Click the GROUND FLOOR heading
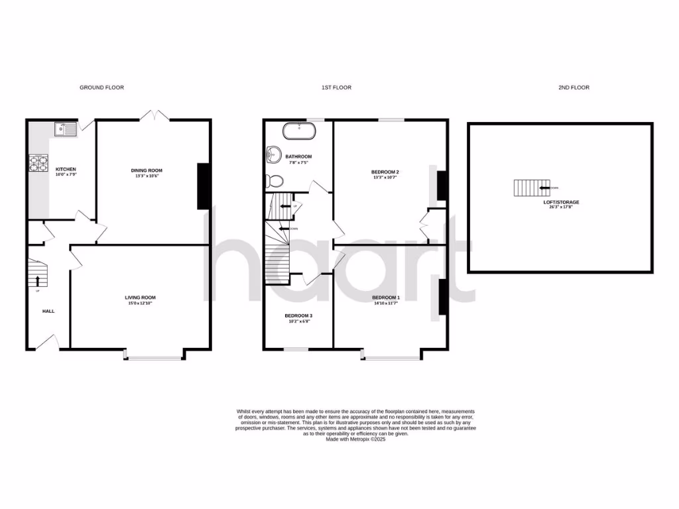pos(101,87)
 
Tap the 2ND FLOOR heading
pos(574,87)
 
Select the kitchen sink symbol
pos(66,129)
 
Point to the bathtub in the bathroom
pos(299,130)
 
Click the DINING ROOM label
pos(146,170)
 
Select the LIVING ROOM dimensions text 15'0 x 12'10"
pos(140,303)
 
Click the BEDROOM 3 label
pos(298,315)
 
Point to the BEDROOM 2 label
pos(385,172)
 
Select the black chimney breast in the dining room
pos(205,186)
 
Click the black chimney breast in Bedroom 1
pos(441,298)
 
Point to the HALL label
pos(48,311)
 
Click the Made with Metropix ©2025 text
pos(355,439)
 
